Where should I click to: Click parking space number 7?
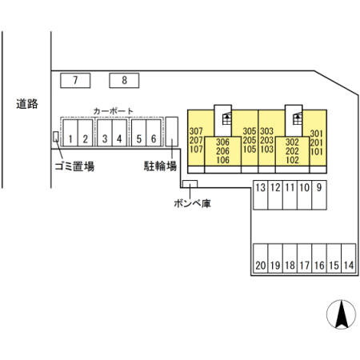tap(75, 80)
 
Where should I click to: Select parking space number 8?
tap(124, 80)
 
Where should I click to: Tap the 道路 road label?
tap(27, 104)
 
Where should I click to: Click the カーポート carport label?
tap(113, 111)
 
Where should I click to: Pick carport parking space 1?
tap(70, 133)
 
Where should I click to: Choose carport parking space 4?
tap(119, 133)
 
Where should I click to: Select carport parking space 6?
tap(154, 133)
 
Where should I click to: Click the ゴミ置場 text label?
tap(74, 166)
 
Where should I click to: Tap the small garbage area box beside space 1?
tap(56, 137)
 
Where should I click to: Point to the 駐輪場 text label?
tap(160, 166)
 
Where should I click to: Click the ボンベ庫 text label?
tap(192, 203)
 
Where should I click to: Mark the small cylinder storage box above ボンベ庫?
tap(190, 184)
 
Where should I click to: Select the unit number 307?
tap(196, 131)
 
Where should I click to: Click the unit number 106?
tap(222, 160)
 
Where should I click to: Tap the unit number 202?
tap(292, 151)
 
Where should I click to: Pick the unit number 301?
tap(317, 134)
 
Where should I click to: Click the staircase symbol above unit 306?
tap(227, 118)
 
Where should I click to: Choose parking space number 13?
tap(260, 195)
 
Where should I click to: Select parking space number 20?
tap(261, 258)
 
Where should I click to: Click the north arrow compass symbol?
tap(341, 314)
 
